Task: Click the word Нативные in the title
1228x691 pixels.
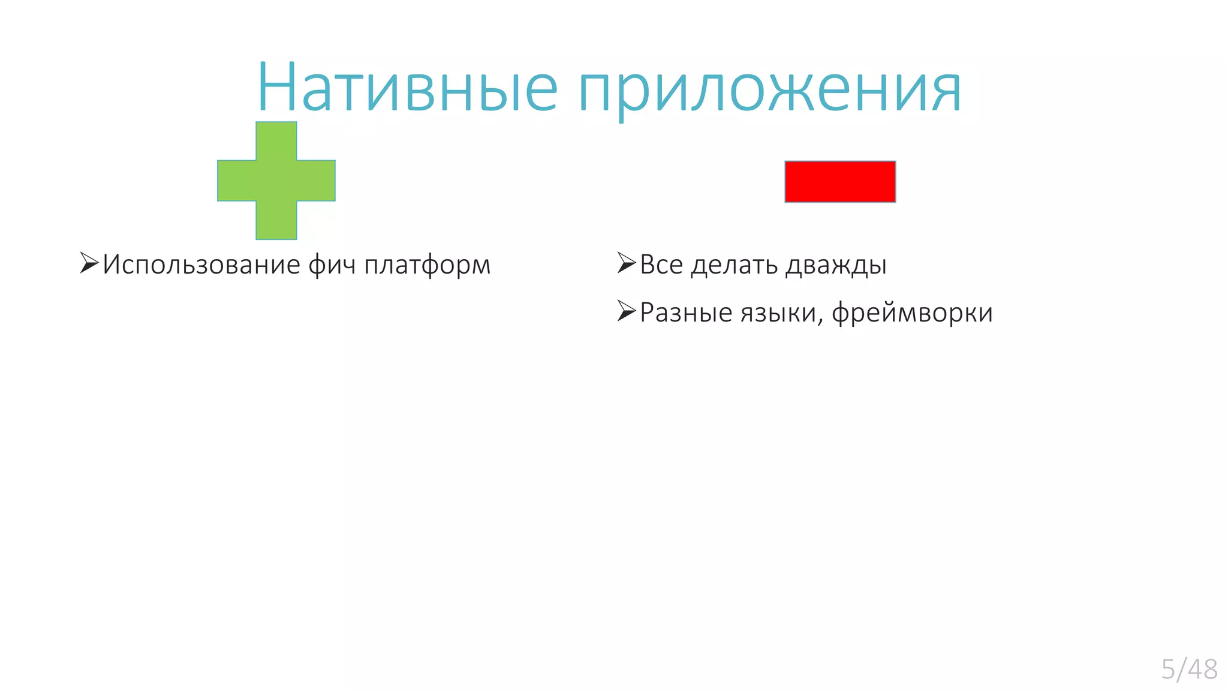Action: click(408, 89)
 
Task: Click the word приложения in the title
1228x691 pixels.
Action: click(770, 90)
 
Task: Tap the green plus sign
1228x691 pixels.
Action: click(276, 181)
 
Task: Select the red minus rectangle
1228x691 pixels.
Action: click(840, 181)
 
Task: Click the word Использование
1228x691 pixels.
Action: click(201, 265)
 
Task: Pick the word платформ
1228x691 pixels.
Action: click(427, 265)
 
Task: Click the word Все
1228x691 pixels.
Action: click(661, 265)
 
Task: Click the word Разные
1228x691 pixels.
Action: click(686, 313)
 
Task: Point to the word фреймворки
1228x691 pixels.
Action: click(912, 313)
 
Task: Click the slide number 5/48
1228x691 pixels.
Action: click(1189, 669)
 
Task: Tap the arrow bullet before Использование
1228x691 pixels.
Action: click(89, 263)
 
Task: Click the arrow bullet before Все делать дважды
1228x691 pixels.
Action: click(626, 263)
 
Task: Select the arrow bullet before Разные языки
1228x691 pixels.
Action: click(626, 311)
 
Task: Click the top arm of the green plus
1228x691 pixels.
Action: click(276, 140)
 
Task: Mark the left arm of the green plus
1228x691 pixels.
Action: click(236, 181)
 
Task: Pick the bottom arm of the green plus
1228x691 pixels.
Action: click(276, 221)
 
